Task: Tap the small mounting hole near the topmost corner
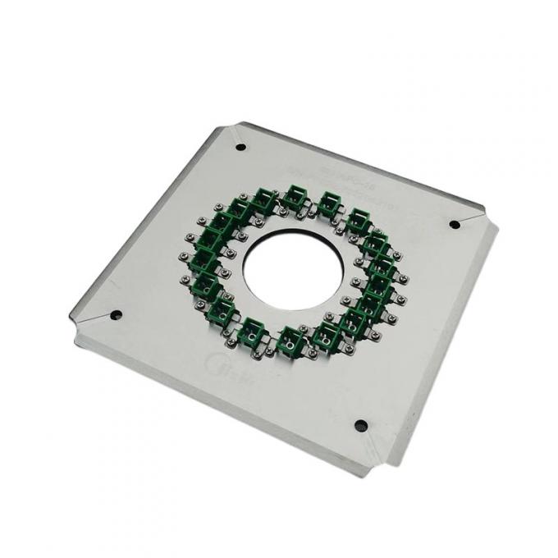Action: point(240,148)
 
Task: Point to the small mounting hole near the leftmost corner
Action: point(115,314)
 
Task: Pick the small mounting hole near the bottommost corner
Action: point(360,424)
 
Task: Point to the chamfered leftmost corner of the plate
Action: point(75,323)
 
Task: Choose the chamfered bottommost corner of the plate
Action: point(384,460)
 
